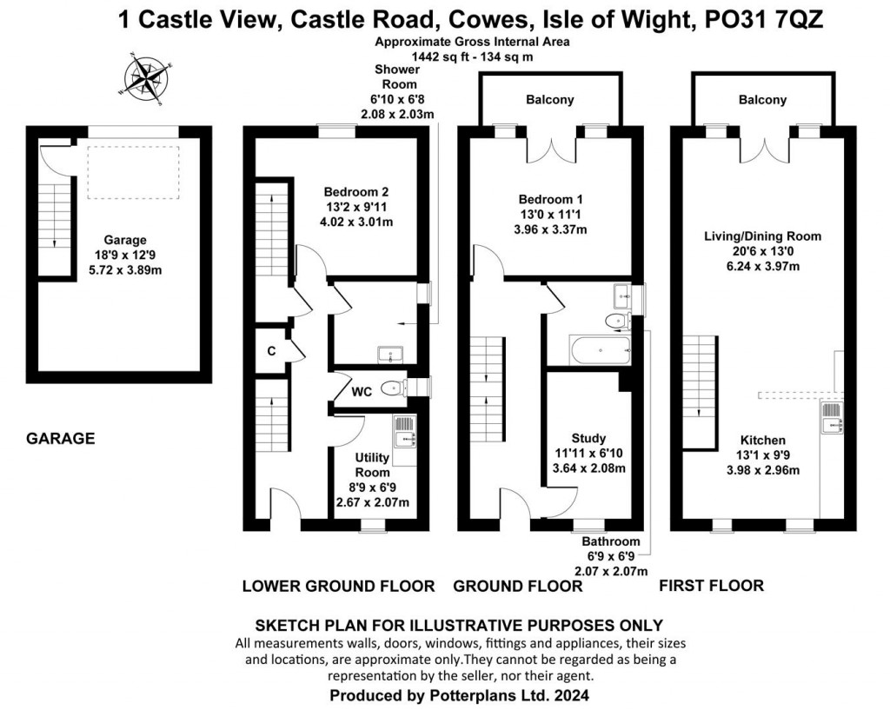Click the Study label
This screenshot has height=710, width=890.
pos(588,438)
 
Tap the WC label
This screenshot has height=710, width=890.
pos(362,392)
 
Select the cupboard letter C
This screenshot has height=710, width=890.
pos(271,350)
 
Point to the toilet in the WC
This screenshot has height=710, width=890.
pos(394,388)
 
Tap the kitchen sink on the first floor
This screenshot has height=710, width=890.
pos(832,416)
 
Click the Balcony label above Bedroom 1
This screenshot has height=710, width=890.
pos(549,99)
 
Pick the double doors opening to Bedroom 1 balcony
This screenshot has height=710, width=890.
pos(549,149)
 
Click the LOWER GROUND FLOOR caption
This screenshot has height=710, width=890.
pos(338,586)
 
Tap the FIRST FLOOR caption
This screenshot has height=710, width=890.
pos(711,586)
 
